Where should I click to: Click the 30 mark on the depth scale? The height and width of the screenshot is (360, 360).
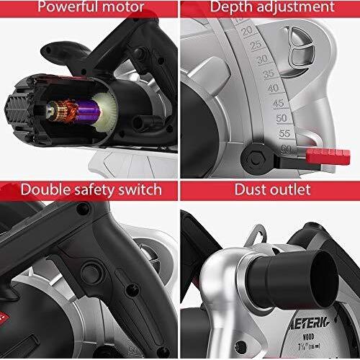[x=253, y=60]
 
